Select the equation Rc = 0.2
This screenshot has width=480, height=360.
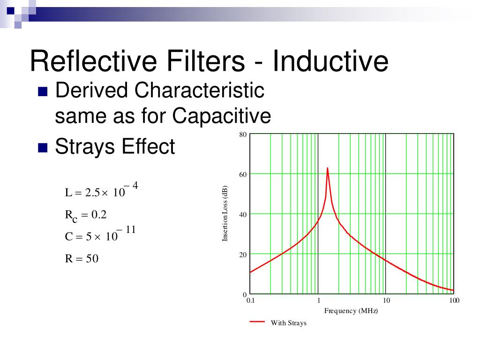tap(86, 215)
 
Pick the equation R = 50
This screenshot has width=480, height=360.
tap(82, 258)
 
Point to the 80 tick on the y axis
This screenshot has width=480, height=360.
tap(243, 135)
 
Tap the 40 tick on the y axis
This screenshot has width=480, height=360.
tap(243, 215)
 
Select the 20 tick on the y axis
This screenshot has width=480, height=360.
tap(243, 255)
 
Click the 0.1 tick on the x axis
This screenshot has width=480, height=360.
tap(250, 300)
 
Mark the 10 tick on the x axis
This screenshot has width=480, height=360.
tap(386, 300)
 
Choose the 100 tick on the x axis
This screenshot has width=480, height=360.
tap(454, 300)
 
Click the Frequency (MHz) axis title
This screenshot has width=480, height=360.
tap(351, 311)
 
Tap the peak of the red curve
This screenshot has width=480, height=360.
tap(327, 168)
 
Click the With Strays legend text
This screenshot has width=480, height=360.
tap(288, 323)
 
